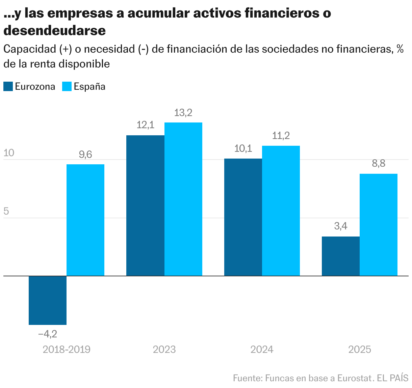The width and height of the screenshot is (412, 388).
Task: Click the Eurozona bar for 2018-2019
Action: tap(48, 300)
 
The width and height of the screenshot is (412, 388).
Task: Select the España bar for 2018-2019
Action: tap(85, 220)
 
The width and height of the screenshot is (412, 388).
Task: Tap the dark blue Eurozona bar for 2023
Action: tap(145, 205)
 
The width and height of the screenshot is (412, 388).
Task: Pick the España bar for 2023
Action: tap(183, 199)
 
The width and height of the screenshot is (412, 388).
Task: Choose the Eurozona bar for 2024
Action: tap(243, 217)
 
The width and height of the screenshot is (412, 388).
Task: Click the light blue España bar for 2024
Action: tap(281, 211)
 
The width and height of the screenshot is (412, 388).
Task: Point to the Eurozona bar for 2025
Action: tap(341, 256)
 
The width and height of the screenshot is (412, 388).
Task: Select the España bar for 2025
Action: tap(379, 225)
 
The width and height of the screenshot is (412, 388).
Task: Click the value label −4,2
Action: tap(48, 334)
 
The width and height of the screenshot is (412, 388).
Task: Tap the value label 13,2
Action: tap(183, 113)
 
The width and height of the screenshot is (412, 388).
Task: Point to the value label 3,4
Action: tap(341, 226)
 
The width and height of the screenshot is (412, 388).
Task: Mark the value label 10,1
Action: tap(243, 148)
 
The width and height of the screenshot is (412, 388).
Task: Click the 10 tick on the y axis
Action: tap(9, 153)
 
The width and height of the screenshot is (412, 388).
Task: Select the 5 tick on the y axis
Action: tap(6, 212)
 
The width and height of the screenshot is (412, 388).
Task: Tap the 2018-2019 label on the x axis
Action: tap(67, 350)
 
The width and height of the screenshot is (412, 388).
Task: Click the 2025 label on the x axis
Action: tap(360, 350)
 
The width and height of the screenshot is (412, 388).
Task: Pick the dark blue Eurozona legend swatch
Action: tap(8, 87)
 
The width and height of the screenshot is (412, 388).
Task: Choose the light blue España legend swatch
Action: tap(67, 87)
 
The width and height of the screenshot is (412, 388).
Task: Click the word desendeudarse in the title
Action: tap(55, 31)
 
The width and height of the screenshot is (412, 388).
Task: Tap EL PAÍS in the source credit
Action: tap(393, 378)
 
